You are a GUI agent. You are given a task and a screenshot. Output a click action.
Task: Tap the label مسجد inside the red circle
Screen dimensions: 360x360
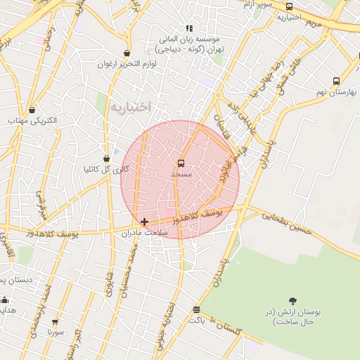(181, 172)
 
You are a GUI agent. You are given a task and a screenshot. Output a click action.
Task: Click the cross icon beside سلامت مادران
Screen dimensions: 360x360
(145, 221)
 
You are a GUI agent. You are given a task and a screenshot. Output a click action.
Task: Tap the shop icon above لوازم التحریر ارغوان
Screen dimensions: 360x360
(127, 53)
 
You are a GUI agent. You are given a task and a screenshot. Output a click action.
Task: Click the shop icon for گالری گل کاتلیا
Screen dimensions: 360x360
(107, 159)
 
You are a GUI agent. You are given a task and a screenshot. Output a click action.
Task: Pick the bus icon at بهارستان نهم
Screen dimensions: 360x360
(336, 82)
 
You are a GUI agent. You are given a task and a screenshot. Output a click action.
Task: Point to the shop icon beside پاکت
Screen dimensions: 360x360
(195, 309)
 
